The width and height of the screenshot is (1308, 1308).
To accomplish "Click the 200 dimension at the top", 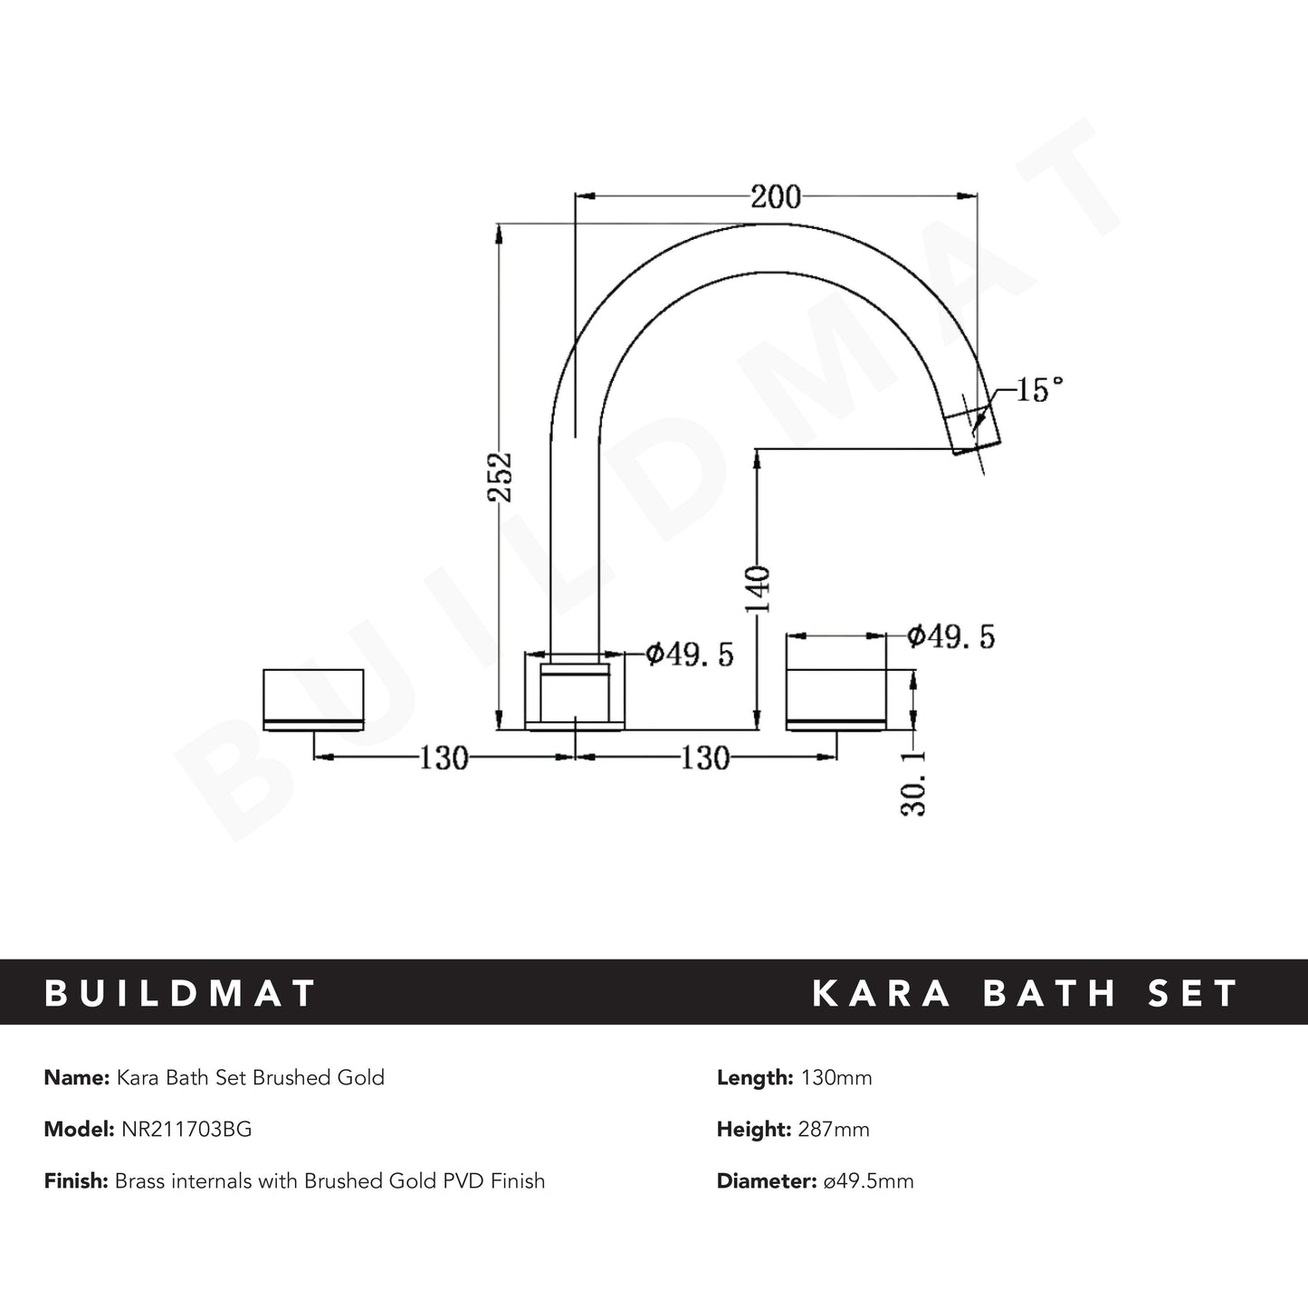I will point(776,196).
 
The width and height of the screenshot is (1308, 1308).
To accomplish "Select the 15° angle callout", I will point(1038,391).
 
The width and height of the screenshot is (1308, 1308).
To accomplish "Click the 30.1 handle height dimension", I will point(914,782).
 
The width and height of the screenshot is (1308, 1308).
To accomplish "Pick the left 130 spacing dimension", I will point(443,758).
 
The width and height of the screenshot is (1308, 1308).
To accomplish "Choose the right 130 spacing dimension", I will point(704,758).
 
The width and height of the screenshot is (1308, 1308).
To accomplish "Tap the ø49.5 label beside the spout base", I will point(689,654).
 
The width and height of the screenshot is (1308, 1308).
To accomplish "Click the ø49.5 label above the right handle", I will point(950,636).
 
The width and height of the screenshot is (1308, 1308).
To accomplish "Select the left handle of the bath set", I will point(313,699).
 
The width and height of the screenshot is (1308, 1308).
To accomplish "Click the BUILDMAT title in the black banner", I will point(180,993).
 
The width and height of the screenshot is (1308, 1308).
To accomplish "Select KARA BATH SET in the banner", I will point(1025,993).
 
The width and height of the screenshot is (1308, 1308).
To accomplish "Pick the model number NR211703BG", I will point(184,1129).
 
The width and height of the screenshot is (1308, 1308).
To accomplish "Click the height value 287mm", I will point(834,1129).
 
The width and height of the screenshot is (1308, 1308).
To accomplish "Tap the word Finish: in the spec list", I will point(77,1180).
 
